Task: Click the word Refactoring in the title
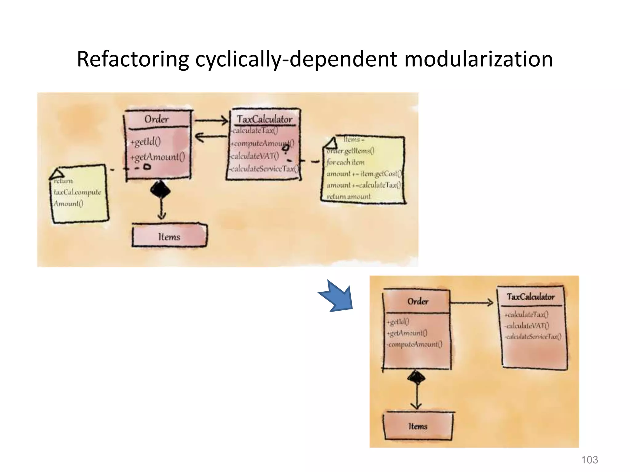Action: click(133, 59)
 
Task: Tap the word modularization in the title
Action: click(478, 59)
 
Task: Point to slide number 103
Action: click(589, 460)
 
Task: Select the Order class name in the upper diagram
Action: click(157, 119)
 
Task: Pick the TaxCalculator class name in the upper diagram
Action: click(265, 119)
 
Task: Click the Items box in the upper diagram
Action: click(169, 236)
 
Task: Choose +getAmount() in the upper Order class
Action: click(157, 157)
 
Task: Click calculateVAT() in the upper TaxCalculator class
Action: click(255, 156)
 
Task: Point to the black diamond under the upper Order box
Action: click(160, 190)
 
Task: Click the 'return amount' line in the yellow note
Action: click(349, 196)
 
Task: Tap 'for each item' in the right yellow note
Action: click(345, 162)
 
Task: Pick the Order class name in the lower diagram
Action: click(418, 301)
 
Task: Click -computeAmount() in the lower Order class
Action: click(415, 344)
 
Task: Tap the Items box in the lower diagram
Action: click(418, 426)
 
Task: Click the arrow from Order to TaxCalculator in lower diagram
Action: click(472, 303)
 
